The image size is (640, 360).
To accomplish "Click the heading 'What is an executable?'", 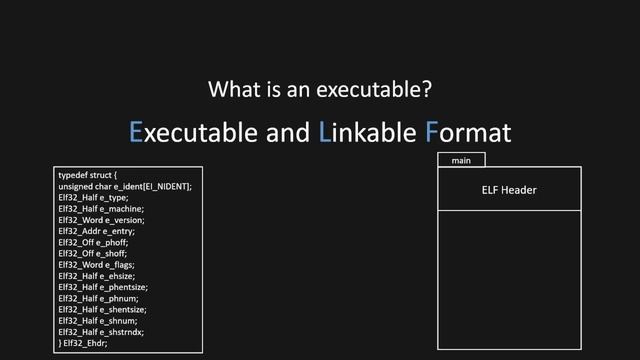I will pos(320,89).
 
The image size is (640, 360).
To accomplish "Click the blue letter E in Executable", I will pos(137,132).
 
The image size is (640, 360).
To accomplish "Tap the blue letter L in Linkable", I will pos(324,132).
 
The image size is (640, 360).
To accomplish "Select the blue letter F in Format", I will pos(432,132).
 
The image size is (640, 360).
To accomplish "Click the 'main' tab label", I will pos(461,160).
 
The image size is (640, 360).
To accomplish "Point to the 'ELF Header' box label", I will pos(509,190).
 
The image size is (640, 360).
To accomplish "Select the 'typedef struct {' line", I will pos(88,176).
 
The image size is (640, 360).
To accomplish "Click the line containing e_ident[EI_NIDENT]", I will pos(124,187).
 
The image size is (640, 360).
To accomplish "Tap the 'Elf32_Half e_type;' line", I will pos(93,198).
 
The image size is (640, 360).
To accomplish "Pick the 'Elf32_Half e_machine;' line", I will pos(101,209).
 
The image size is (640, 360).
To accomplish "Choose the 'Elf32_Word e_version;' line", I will pos(101,220).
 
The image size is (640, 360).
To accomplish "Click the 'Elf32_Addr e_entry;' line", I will pos(97,231).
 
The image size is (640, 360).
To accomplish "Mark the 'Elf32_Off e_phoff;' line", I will pos(93,242).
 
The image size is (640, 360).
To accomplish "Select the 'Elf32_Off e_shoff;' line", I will pos(93,253).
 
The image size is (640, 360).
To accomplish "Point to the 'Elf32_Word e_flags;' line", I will pos(96,264).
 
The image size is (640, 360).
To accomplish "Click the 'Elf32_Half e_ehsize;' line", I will pos(98,276).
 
